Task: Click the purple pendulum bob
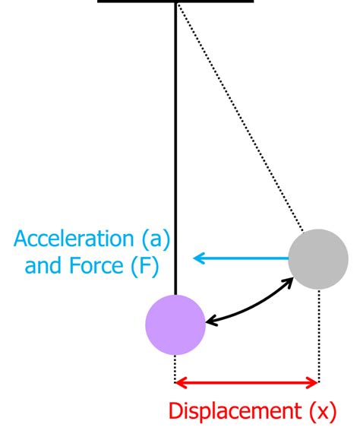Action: [x=175, y=325]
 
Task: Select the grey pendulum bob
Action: [x=318, y=259]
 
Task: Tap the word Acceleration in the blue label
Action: [x=74, y=239]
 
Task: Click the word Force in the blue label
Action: [x=96, y=265]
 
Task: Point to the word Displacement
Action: [x=235, y=411]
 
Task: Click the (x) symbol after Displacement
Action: [x=323, y=412]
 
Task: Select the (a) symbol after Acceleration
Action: [x=156, y=239]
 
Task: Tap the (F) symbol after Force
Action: [x=145, y=265]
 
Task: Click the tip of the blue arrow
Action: [x=194, y=258]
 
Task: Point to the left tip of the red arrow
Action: [x=175, y=382]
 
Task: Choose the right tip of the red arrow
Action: [x=318, y=382]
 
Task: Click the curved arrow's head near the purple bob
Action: [x=207, y=323]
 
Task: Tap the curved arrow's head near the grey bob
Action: [x=293, y=277]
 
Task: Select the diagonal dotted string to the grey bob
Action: [x=241, y=117]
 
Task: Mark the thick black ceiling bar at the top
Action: [x=175, y=1]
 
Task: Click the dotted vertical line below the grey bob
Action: [x=319, y=336]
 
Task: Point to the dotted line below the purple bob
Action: [x=175, y=369]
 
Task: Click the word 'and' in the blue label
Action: [x=43, y=265]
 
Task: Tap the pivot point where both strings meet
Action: [x=176, y=3]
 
